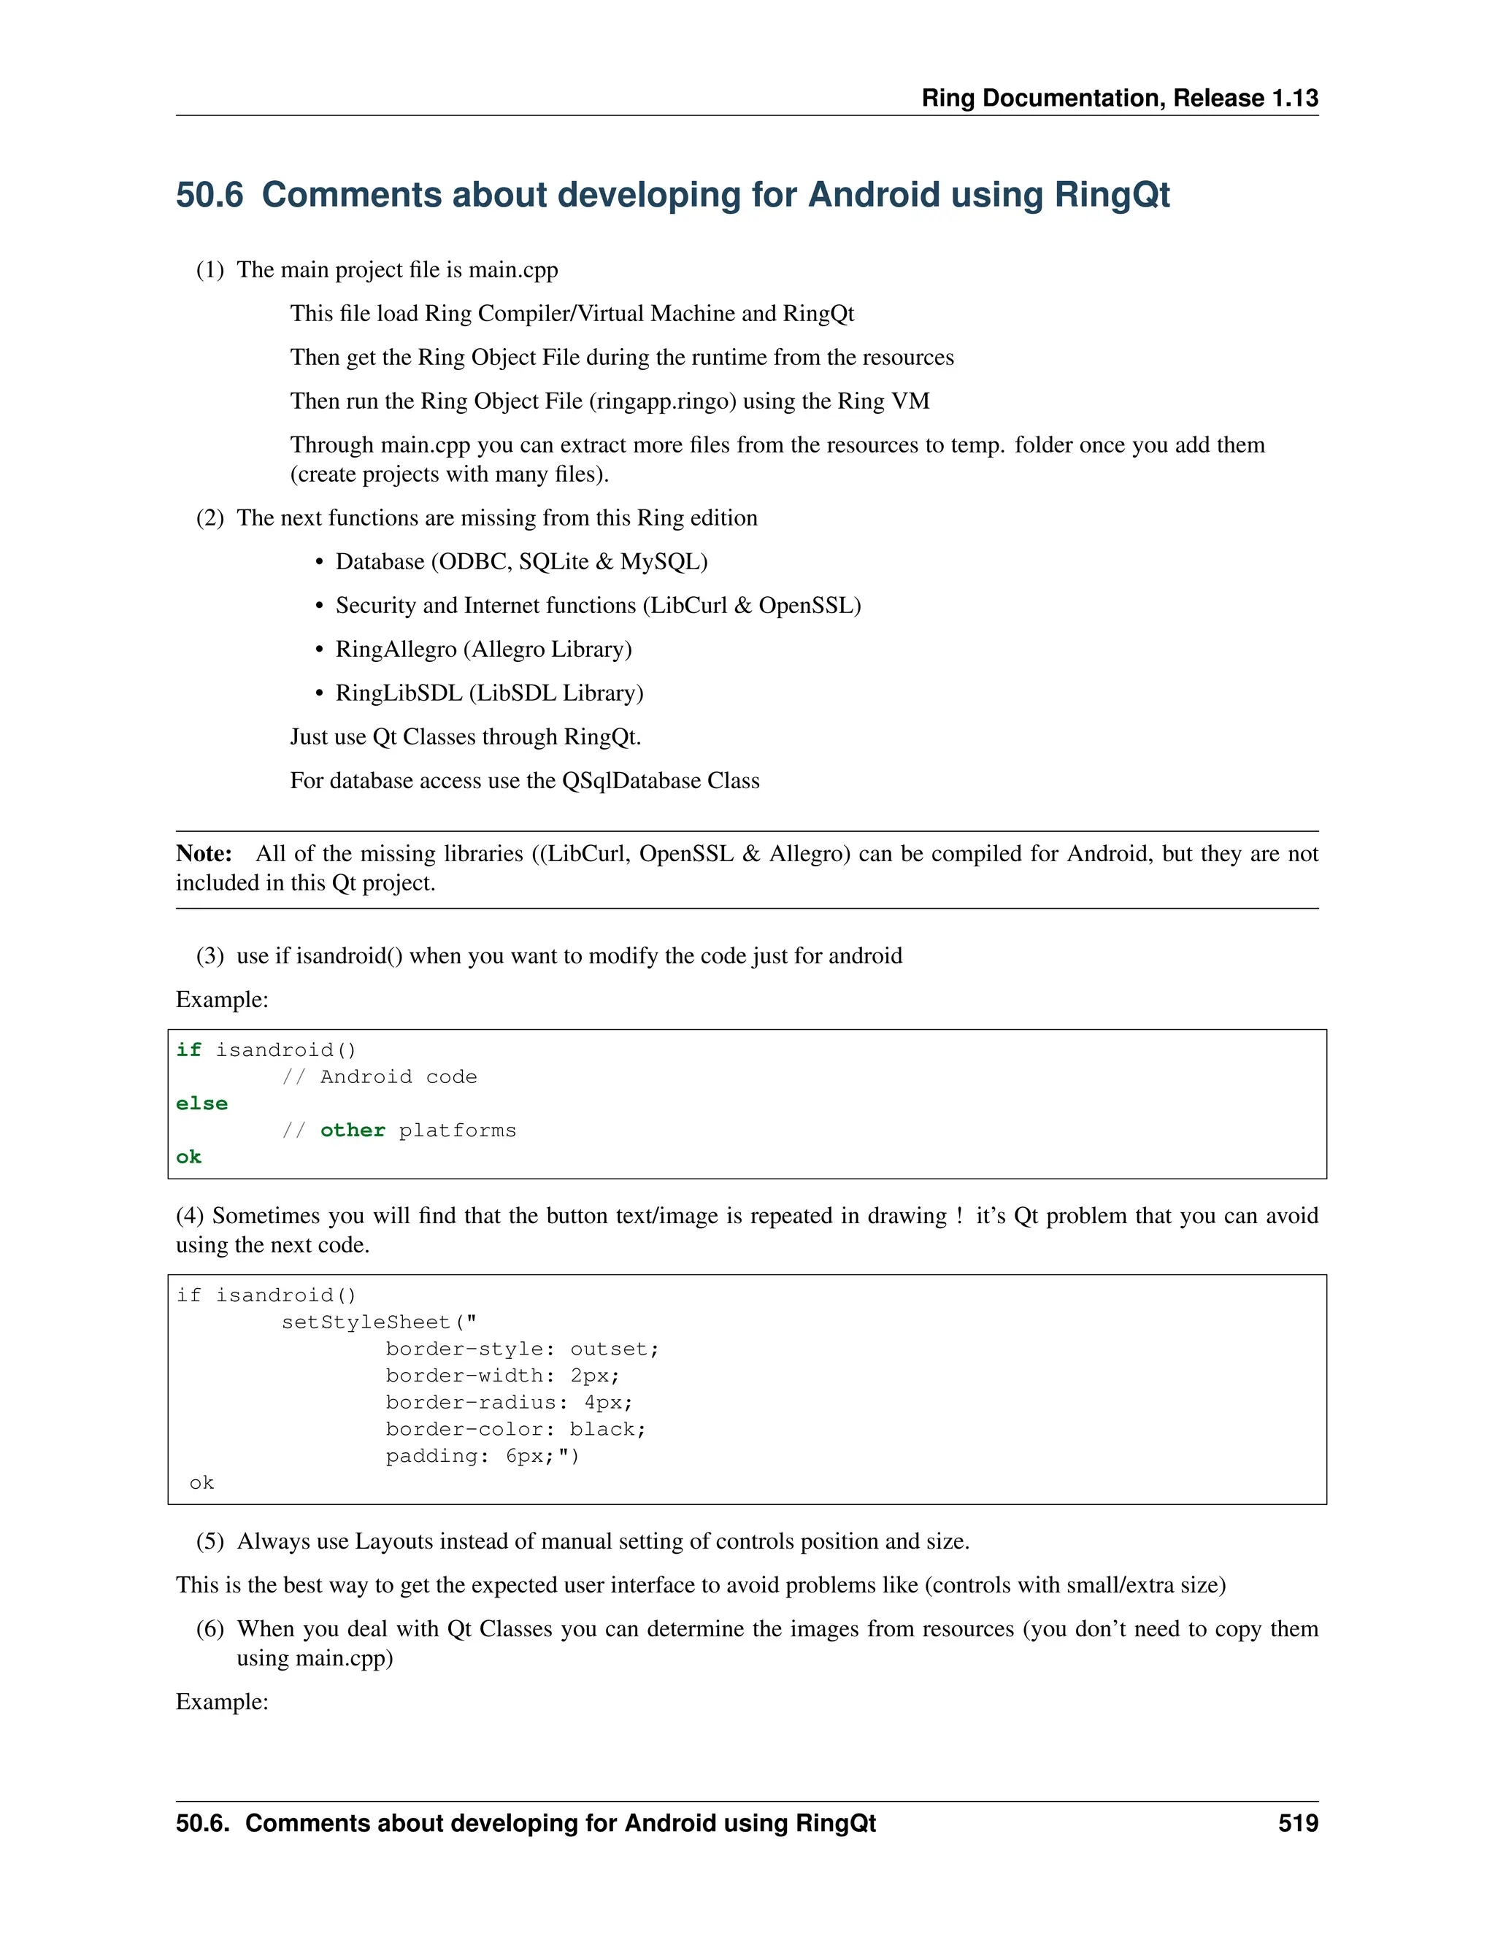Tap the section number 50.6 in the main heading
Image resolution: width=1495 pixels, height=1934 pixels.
click(x=209, y=195)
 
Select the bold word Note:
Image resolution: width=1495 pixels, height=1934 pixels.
click(x=204, y=854)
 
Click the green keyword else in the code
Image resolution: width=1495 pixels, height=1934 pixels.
click(x=202, y=1103)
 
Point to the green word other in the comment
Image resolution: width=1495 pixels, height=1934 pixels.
click(x=353, y=1130)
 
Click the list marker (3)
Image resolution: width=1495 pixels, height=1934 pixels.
click(x=210, y=956)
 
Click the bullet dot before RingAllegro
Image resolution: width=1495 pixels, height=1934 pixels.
click(x=320, y=650)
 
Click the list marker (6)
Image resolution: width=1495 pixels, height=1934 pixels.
click(x=210, y=1630)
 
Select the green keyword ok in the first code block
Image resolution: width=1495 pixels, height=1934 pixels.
click(x=188, y=1157)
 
